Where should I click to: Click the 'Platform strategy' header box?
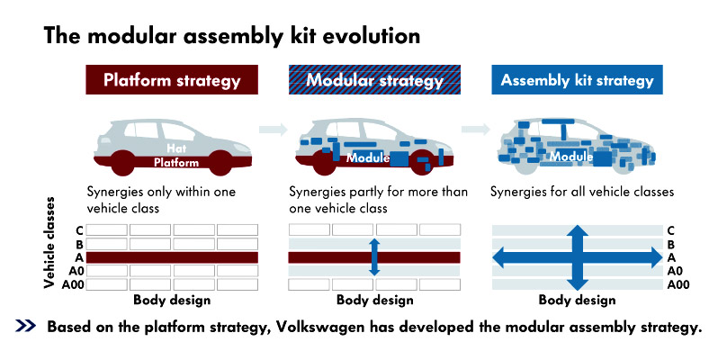click(172, 80)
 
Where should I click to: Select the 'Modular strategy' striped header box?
click(375, 80)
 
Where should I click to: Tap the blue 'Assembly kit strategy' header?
click(577, 80)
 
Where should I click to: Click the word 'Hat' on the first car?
click(176, 148)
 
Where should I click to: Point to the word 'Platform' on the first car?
click(176, 162)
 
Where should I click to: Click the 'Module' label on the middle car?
click(369, 157)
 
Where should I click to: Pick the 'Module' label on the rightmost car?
click(570, 157)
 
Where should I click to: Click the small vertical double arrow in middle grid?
click(374, 256)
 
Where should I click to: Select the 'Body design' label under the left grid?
click(172, 300)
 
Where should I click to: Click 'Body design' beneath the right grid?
click(577, 300)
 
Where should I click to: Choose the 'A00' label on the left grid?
click(73, 284)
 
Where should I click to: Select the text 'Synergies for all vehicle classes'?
click(582, 192)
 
